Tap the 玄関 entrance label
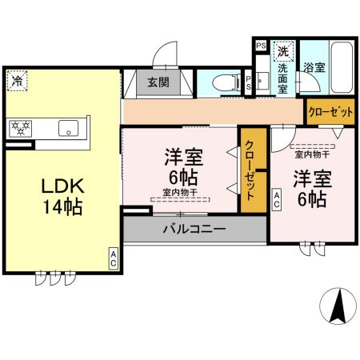[x=158, y=82]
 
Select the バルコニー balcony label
[x=194, y=229]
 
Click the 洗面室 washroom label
[x=283, y=74]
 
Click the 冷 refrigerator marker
[x=17, y=80]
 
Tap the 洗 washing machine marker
[x=282, y=51]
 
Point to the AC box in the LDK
[x=114, y=258]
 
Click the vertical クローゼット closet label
[x=251, y=170]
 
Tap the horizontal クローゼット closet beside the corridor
[x=330, y=112]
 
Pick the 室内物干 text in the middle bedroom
[x=180, y=191]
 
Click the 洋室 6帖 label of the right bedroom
[x=310, y=188]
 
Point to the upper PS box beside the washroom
[x=261, y=46]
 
